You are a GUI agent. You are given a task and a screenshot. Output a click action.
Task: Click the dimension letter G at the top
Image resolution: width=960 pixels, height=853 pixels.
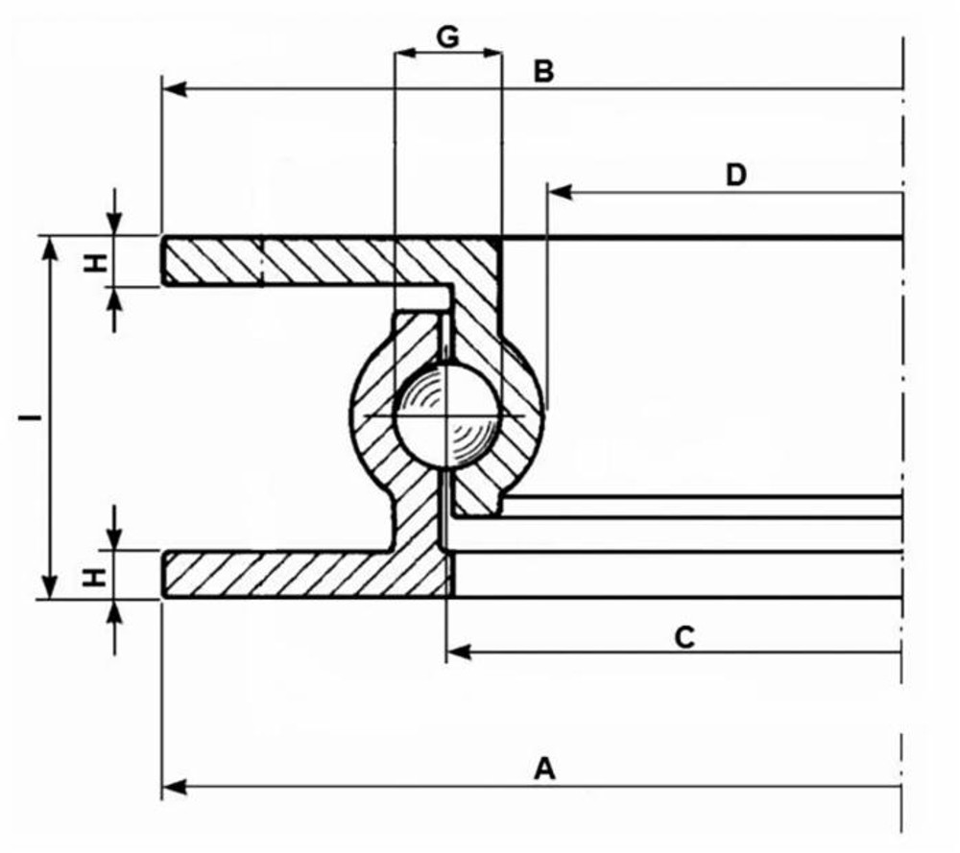[447, 36]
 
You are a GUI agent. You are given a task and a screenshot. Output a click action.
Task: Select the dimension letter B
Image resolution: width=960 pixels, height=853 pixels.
[543, 71]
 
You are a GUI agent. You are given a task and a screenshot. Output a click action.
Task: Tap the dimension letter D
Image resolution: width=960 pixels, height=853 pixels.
[735, 175]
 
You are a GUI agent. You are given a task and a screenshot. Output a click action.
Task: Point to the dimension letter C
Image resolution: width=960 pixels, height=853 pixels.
[684, 636]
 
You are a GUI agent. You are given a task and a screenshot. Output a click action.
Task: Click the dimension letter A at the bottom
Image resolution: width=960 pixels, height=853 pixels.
[544, 770]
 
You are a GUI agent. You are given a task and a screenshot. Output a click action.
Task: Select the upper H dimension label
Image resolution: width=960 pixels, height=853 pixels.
[94, 261]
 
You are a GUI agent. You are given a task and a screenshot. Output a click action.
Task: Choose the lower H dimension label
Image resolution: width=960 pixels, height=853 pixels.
[94, 576]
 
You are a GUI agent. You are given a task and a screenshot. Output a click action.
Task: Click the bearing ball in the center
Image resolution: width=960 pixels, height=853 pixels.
[447, 415]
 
